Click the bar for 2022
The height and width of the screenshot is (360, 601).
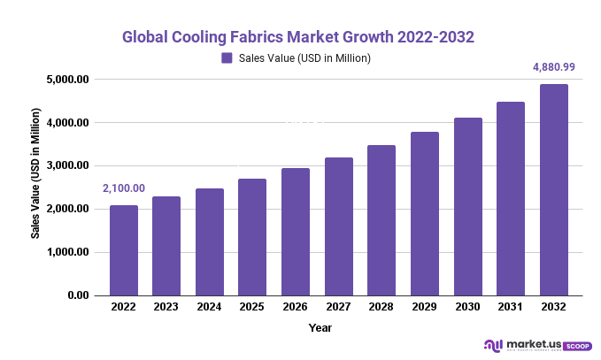123,250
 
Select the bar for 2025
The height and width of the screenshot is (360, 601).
252,237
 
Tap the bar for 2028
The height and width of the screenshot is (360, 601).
381,220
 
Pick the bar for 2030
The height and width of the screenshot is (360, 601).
467,206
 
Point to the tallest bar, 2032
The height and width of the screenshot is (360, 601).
554,189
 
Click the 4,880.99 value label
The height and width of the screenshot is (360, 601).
553,66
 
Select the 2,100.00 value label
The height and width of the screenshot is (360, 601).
124,188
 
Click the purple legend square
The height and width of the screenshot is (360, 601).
227,58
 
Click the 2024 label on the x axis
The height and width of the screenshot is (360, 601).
209,307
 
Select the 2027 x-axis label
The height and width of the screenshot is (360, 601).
338,307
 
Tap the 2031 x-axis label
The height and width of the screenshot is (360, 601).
511,307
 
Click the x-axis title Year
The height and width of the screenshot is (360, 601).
320,327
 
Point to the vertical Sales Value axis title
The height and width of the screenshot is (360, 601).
36,173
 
